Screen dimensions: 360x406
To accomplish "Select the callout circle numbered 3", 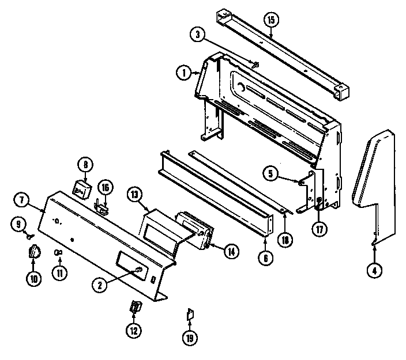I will tap(197, 34).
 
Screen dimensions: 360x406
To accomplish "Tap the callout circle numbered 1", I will tap(183, 72).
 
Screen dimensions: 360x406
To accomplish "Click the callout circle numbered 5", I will tap(270, 172).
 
